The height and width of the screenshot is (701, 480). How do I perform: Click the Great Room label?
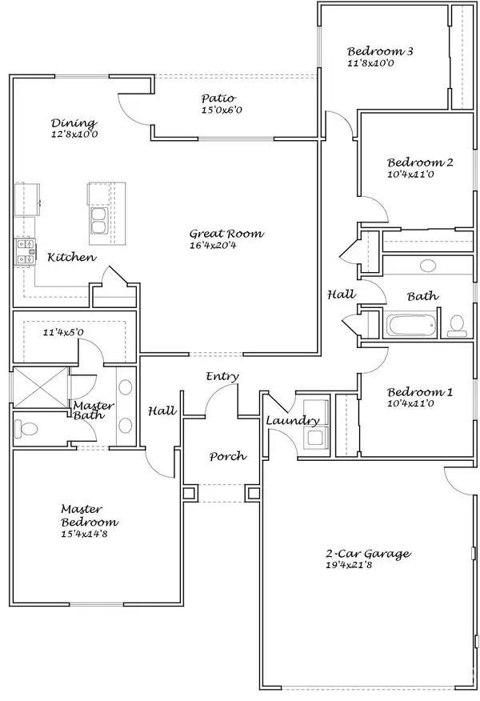[x=226, y=234]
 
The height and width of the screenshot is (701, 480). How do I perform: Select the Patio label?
[x=218, y=99]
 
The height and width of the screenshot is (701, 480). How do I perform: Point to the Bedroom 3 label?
[x=380, y=50]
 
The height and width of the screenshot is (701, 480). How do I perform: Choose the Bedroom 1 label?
[x=420, y=392]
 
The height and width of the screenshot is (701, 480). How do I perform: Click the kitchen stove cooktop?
[x=24, y=251]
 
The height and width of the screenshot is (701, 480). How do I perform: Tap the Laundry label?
[x=293, y=421]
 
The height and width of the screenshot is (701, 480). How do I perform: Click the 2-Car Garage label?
[x=367, y=553]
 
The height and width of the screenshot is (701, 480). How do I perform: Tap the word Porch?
[x=227, y=457]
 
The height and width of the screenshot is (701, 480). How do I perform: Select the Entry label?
[x=222, y=376]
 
